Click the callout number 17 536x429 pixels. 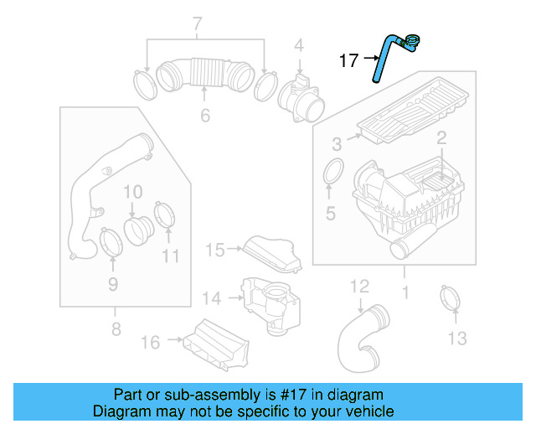[348, 60]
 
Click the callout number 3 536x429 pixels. [336, 143]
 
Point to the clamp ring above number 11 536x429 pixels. [165, 214]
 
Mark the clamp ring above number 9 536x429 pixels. [110, 240]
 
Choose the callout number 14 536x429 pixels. [212, 297]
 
